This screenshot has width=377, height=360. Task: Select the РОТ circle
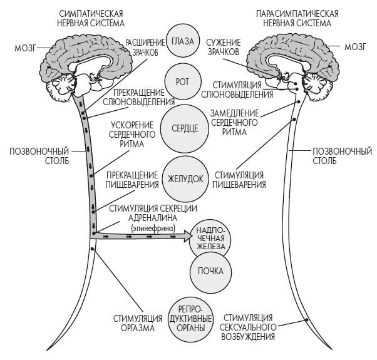183,82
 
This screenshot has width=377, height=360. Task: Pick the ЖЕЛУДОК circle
183,178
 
